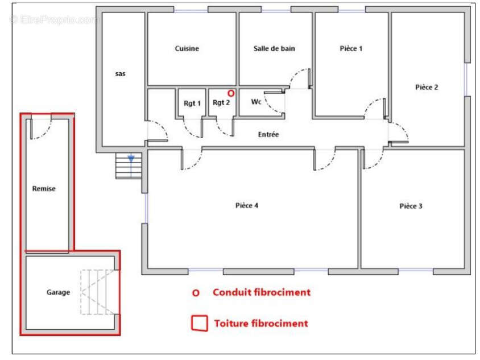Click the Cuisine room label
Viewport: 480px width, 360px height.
(187, 48)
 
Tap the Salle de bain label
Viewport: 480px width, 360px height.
(274, 48)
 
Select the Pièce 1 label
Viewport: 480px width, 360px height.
(351, 48)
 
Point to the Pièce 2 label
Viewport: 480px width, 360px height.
(427, 87)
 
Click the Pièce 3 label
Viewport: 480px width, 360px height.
(411, 206)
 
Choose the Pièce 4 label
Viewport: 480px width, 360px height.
(247, 205)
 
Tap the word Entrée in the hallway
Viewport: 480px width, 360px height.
(268, 134)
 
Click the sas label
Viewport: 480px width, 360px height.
(121, 74)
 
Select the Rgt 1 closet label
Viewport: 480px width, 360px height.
(192, 104)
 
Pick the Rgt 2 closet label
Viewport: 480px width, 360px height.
(221, 102)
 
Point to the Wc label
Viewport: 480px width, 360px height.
(256, 102)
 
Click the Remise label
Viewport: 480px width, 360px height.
(44, 189)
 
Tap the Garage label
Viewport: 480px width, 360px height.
(58, 292)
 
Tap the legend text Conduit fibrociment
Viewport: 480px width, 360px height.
(262, 292)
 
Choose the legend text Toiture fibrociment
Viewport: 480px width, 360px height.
(261, 324)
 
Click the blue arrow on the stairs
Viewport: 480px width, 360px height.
(131, 159)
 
